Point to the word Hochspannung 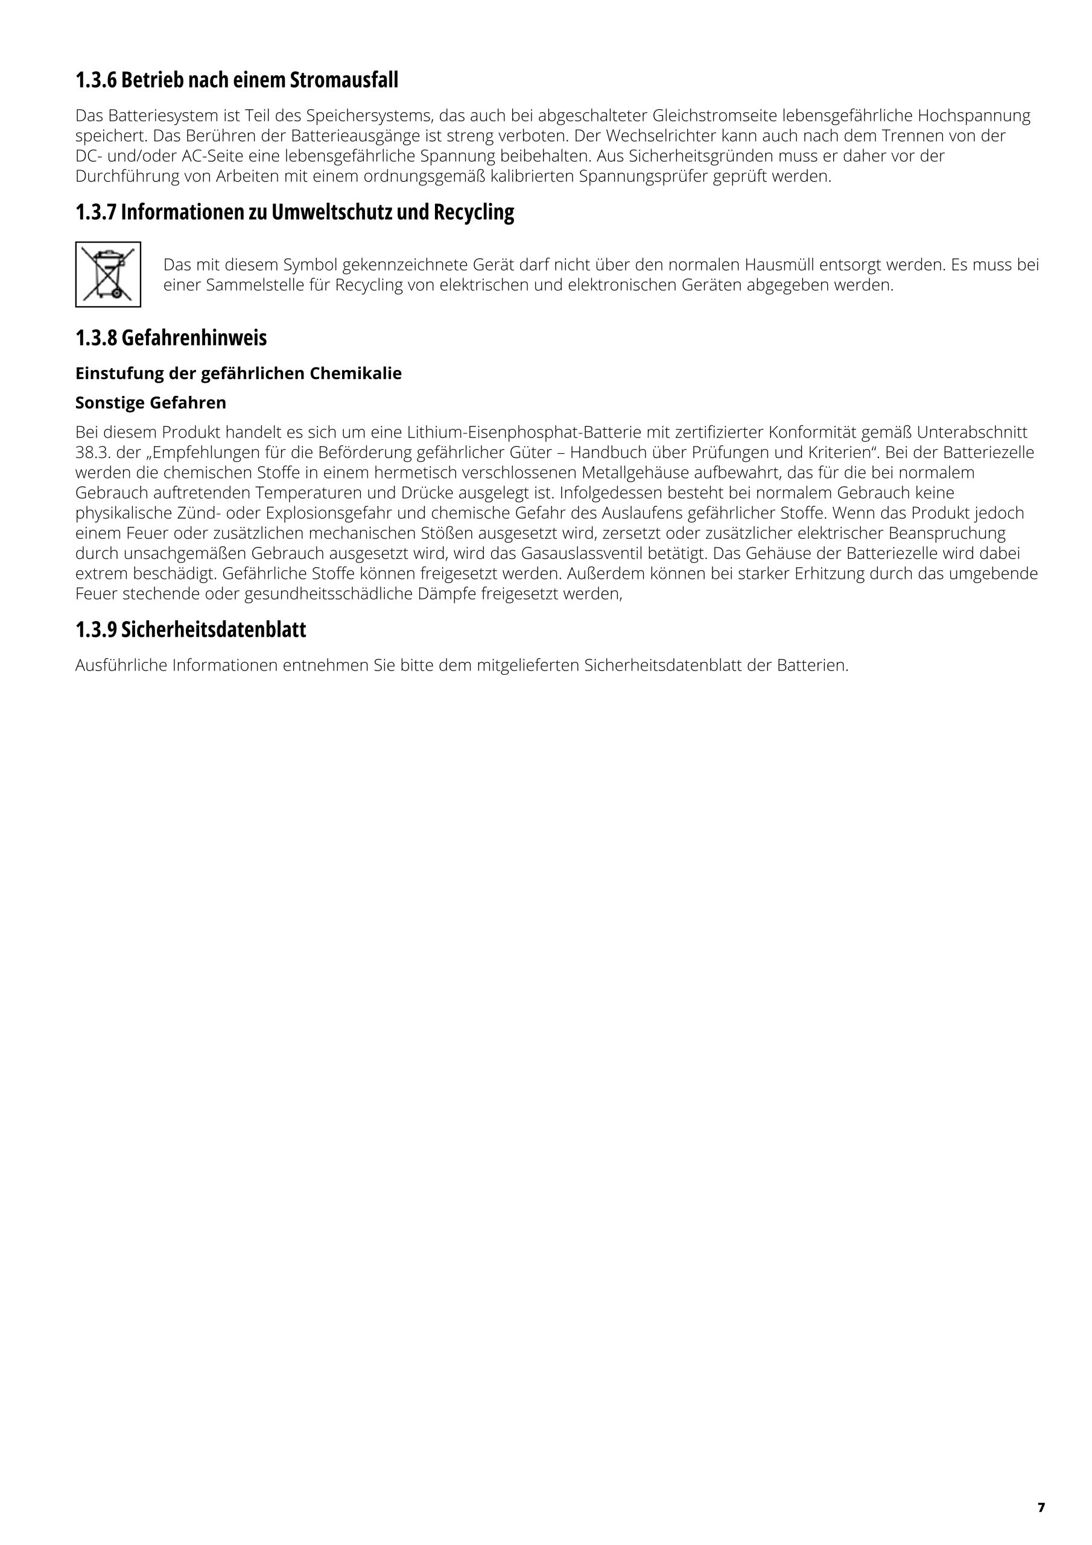[974, 116]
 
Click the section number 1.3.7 [95, 212]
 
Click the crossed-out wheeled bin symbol [107, 275]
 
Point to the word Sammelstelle [247, 285]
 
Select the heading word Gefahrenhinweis [194, 338]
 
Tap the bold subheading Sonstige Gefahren [151, 403]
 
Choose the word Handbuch [608, 452]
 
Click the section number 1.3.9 [95, 630]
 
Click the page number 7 [1041, 1508]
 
